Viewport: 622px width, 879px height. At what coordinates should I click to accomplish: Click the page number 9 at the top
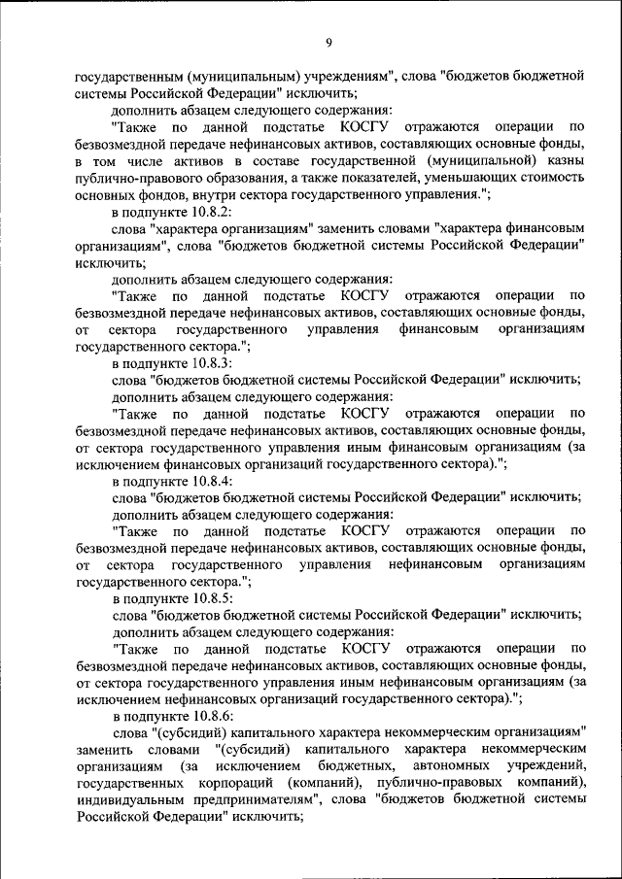click(328, 42)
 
